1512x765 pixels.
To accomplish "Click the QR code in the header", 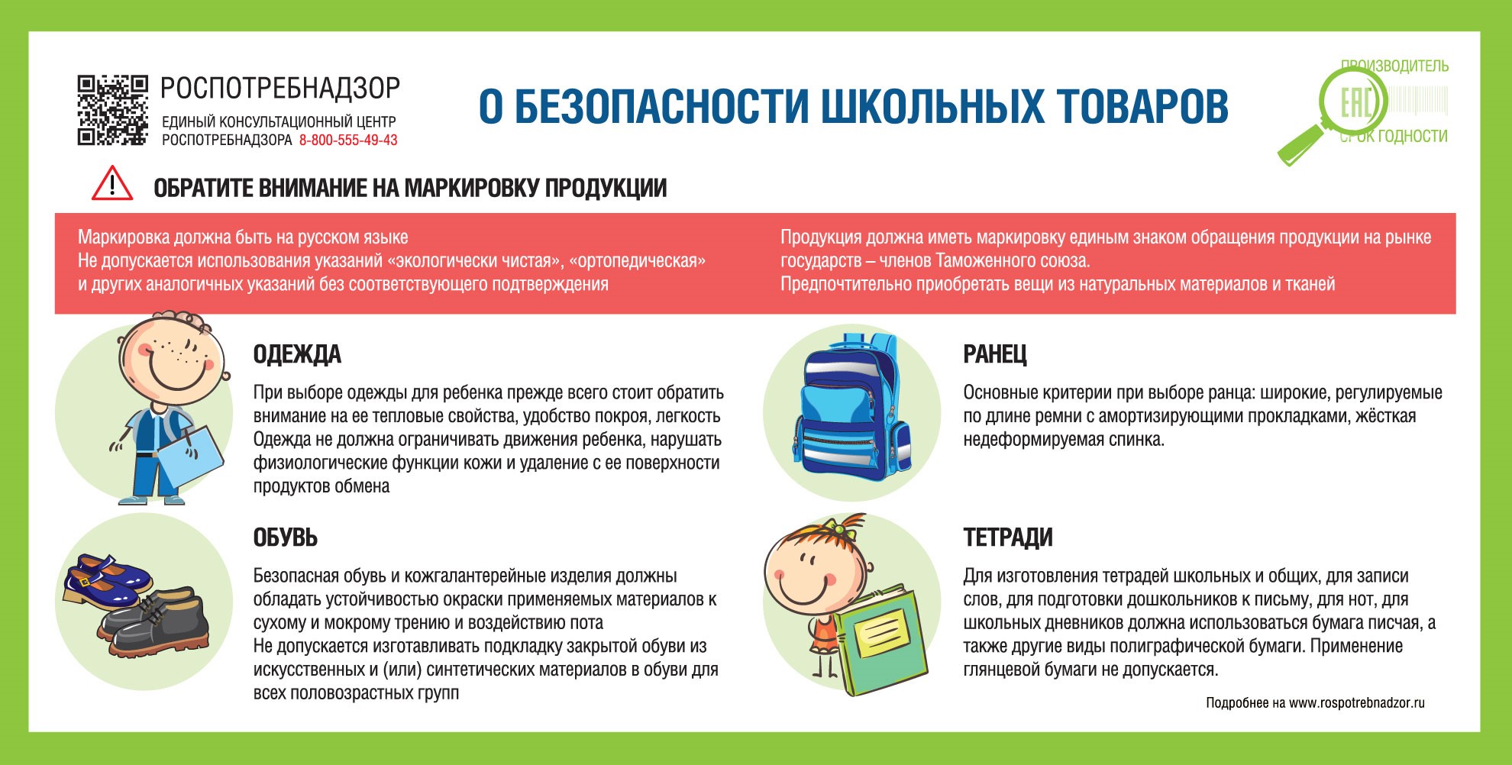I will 111,110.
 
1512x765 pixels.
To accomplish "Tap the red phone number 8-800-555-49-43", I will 348,140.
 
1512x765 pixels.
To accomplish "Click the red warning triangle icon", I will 112,184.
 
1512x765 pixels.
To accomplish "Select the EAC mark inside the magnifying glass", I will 1356,102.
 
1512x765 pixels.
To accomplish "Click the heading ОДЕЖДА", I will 297,354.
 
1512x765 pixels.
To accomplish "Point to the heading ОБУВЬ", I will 285,537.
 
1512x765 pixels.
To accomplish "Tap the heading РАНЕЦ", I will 994,354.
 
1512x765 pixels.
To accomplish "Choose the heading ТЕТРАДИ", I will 1007,537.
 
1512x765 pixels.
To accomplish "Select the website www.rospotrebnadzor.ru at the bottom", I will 1356,702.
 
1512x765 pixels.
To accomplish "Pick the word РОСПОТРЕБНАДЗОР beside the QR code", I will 279,89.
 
